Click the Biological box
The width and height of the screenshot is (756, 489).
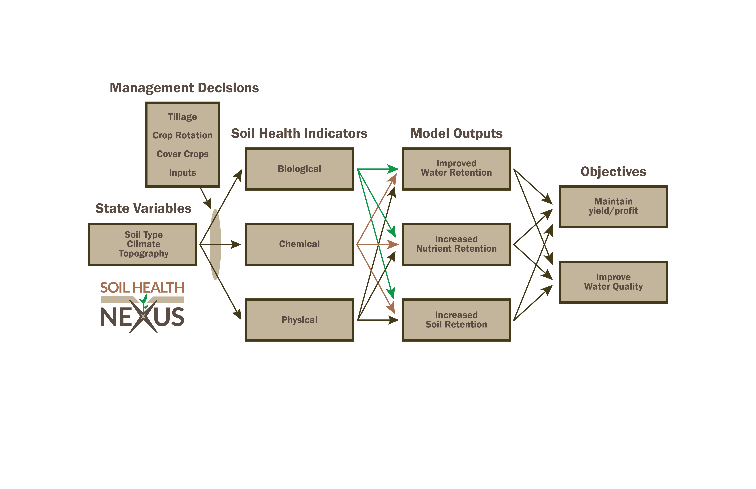click(x=299, y=169)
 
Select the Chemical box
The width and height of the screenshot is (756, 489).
click(x=299, y=244)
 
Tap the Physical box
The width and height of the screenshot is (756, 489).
click(x=299, y=320)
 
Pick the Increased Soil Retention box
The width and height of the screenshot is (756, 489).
click(x=456, y=320)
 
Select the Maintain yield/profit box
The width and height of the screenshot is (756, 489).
click(x=613, y=206)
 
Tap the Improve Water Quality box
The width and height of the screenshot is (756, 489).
click(x=613, y=282)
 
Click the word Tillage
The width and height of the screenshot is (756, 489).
click(x=182, y=117)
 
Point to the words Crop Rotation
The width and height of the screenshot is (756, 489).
click(x=182, y=135)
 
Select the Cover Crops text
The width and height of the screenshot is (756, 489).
click(x=182, y=154)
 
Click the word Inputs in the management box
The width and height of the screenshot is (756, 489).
click(x=182, y=173)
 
